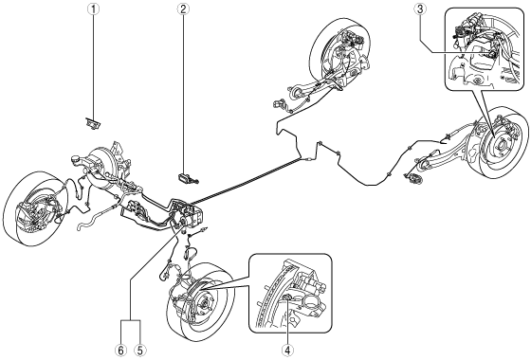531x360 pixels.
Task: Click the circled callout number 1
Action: tap(94, 9)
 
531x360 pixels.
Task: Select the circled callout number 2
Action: tap(183, 9)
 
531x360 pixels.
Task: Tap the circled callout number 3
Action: tap(420, 9)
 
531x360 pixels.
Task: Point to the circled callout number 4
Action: tap(288, 351)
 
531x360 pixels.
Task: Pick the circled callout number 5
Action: tap(139, 351)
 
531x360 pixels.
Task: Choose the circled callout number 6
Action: tap(121, 351)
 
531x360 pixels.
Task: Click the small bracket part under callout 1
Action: tap(93, 123)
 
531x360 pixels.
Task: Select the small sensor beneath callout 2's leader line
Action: tap(188, 179)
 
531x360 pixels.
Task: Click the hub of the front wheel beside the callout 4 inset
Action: tap(205, 301)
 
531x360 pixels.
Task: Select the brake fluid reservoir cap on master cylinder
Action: tap(76, 158)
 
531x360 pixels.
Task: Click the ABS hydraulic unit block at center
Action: tap(189, 212)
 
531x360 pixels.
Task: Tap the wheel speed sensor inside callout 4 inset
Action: tap(287, 297)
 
